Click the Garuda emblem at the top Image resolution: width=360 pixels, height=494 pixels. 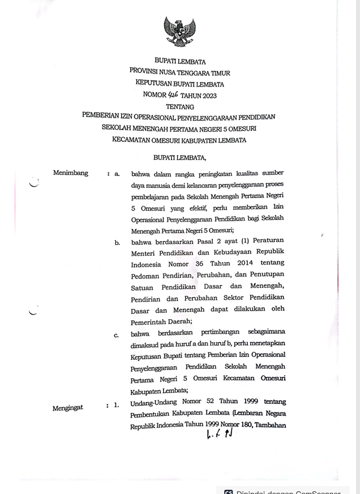click(x=179, y=32)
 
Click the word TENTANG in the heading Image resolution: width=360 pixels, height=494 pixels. click(x=180, y=106)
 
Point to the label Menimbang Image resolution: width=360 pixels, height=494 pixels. click(x=71, y=173)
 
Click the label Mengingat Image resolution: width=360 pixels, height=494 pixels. click(x=68, y=407)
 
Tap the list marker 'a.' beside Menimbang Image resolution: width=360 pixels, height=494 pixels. click(x=117, y=174)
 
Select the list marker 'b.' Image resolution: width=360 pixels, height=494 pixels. click(x=117, y=243)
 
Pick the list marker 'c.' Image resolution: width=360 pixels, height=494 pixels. click(x=117, y=335)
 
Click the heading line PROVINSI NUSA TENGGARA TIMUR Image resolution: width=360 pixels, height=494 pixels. click(x=179, y=73)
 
